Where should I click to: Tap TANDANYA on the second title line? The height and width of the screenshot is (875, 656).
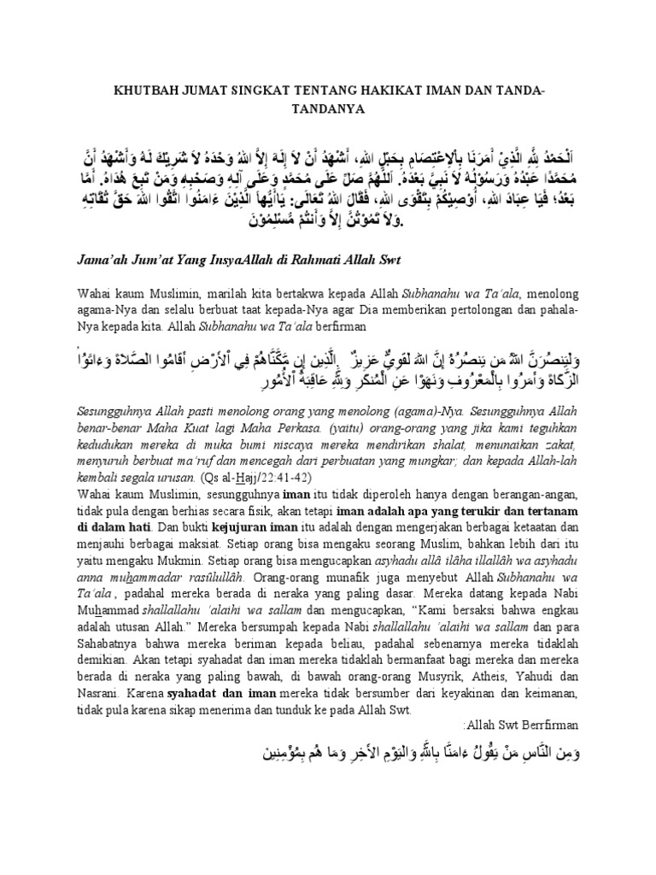tap(328, 109)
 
